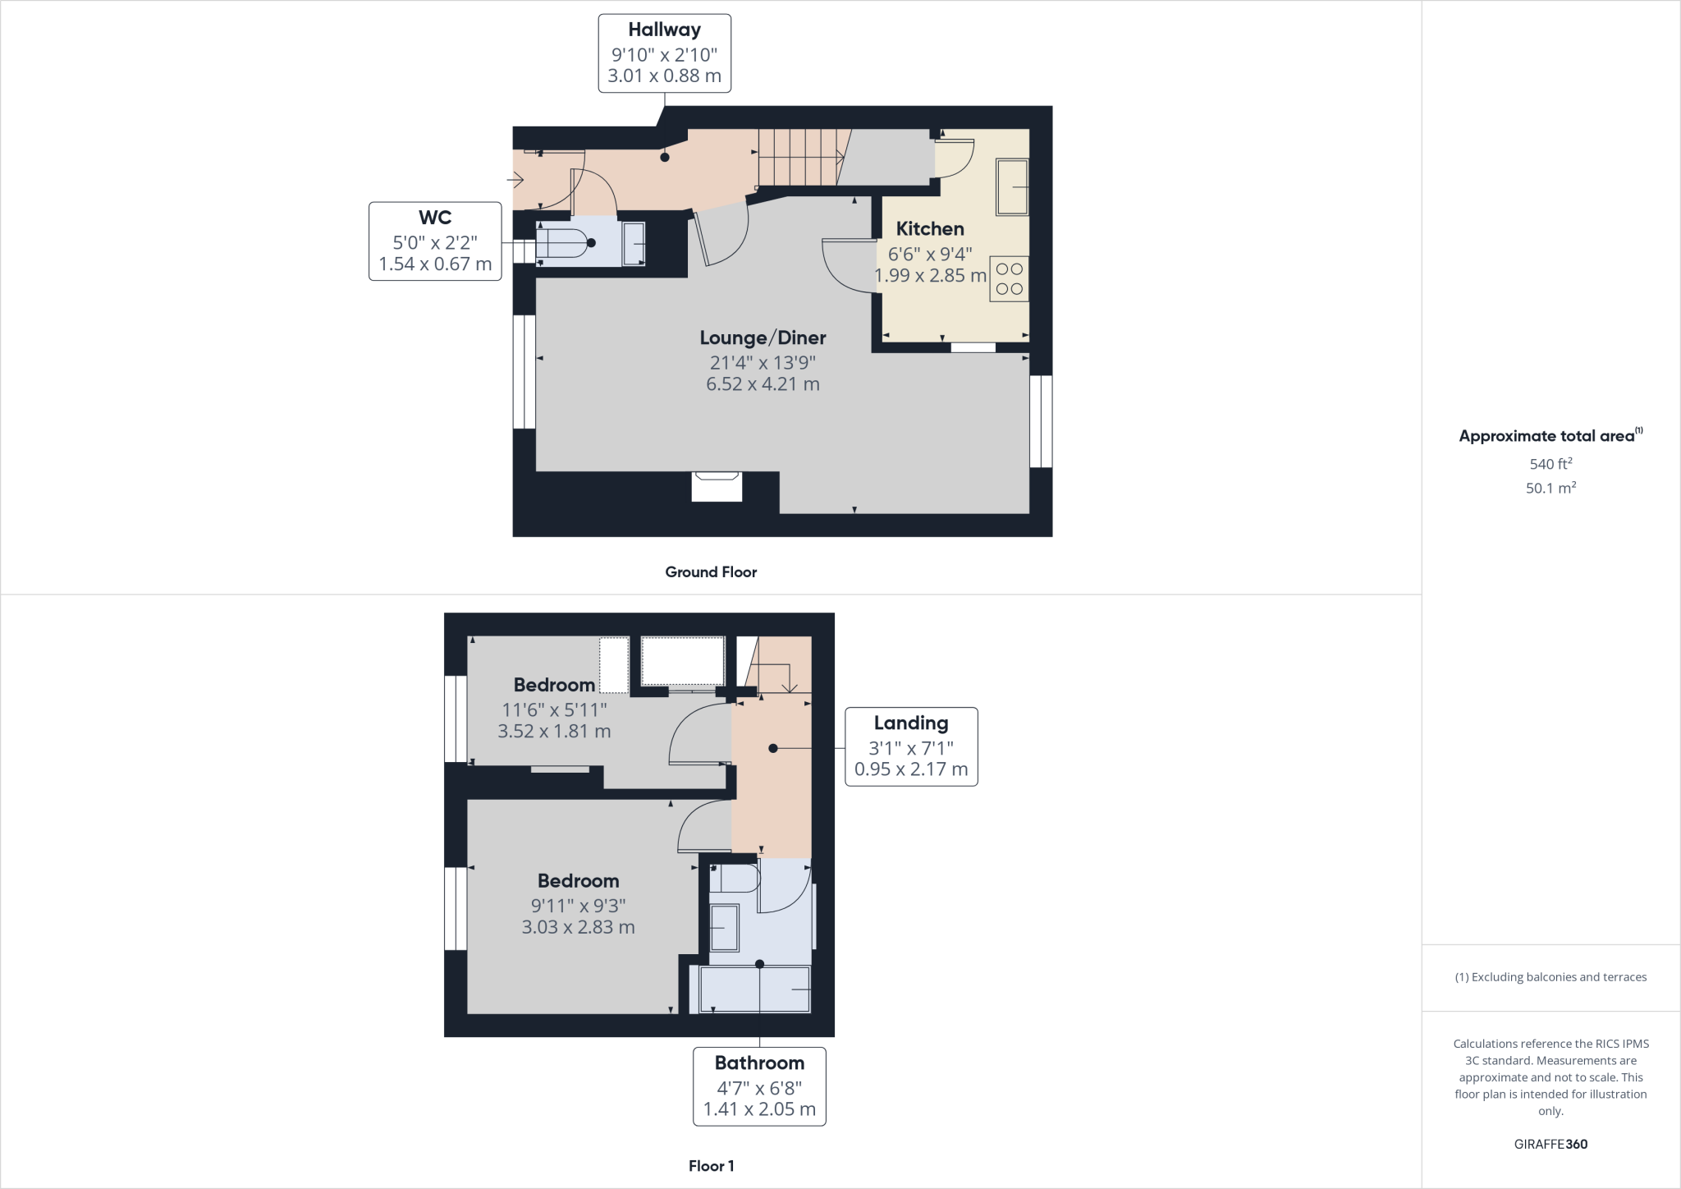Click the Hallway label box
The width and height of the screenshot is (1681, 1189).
tap(664, 53)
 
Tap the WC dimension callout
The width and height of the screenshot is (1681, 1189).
tap(435, 241)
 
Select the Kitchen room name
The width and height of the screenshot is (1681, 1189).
tap(930, 229)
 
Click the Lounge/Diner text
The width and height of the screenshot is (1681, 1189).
tap(763, 337)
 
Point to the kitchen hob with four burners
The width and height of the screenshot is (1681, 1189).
tap(1009, 278)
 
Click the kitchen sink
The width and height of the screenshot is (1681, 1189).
tap(1012, 188)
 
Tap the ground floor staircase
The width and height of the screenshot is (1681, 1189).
tap(799, 158)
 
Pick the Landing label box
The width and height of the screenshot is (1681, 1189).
tap(911, 746)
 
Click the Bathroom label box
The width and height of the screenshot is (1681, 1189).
tap(759, 1086)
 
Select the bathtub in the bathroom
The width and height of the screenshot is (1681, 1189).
tap(754, 989)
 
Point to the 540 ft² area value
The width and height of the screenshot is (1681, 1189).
tap(1550, 464)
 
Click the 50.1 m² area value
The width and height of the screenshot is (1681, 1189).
tap(1550, 488)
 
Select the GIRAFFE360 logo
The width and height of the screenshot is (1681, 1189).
tap(1550, 1144)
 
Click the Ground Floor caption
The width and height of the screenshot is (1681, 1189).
tap(711, 572)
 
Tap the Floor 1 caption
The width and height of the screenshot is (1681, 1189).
tap(711, 1166)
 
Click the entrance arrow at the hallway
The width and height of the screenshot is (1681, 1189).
tap(516, 178)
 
